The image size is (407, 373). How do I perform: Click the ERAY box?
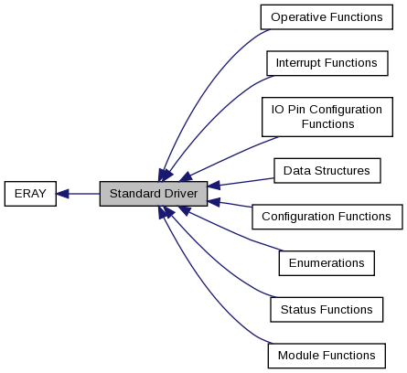point(30,194)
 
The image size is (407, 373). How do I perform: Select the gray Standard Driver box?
point(154,194)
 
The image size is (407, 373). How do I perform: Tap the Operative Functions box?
point(327,17)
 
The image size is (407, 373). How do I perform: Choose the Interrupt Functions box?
point(327,63)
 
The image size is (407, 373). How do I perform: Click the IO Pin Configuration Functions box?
point(327,117)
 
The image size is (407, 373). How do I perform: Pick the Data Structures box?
point(327,171)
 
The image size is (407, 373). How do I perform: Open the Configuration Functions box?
point(327,217)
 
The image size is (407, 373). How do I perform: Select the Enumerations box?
point(327,263)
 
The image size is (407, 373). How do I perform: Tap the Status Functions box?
point(327,310)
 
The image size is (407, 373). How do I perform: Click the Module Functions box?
point(327,356)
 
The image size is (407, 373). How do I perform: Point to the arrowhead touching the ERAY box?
point(62,194)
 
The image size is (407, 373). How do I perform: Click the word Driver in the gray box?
point(181,194)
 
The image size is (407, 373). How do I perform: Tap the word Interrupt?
point(298,63)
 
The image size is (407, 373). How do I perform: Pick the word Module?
point(298,356)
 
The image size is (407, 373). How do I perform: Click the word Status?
point(297,310)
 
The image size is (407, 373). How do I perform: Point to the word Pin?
point(296,110)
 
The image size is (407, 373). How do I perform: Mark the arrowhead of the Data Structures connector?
point(213,185)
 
